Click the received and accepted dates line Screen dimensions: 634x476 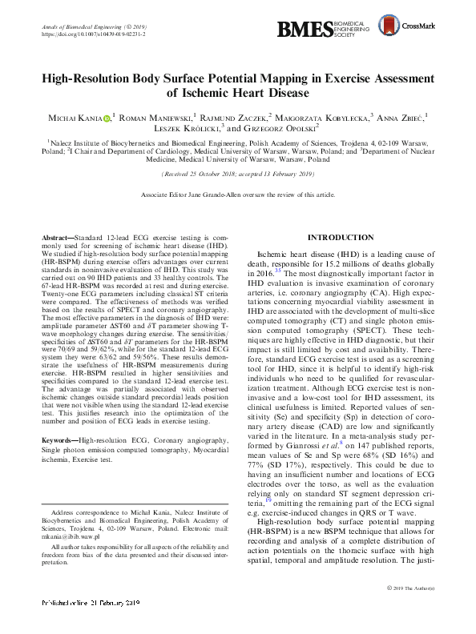tap(238, 173)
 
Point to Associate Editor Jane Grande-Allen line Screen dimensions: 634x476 tap(237, 195)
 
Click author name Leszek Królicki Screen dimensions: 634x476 tap(186, 128)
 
